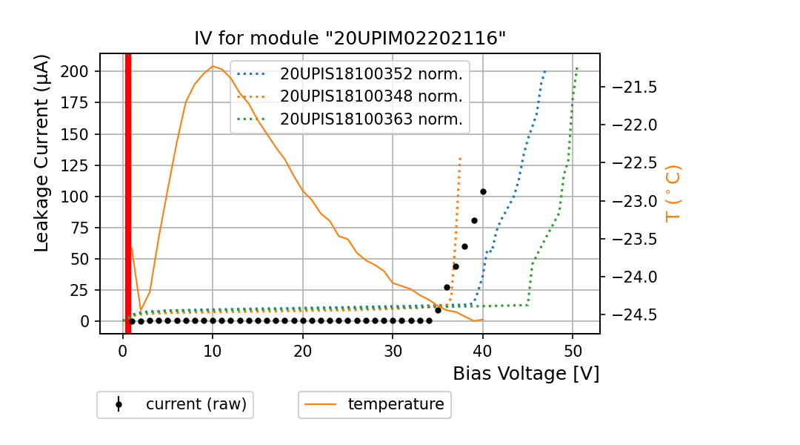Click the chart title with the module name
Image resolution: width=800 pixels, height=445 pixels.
(350, 39)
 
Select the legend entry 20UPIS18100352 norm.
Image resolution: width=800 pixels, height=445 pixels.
(370, 74)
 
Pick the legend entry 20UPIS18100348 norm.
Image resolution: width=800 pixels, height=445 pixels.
(370, 96)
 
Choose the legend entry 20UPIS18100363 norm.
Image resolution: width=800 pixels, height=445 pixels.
(370, 119)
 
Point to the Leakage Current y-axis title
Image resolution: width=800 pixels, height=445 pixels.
(42, 153)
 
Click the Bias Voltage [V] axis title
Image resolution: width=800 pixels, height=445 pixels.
(526, 374)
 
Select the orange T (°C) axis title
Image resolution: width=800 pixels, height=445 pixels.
(673, 193)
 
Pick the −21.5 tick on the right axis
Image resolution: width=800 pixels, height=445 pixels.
(631, 88)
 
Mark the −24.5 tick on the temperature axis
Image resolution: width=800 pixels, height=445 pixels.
(631, 315)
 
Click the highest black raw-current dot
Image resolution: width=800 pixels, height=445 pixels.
(483, 191)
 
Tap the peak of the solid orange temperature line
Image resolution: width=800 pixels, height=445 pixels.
(213, 66)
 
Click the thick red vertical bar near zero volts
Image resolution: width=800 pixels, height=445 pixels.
(128, 193)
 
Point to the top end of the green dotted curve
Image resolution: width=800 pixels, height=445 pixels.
(576, 68)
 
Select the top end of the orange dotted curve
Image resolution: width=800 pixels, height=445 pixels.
(460, 158)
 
